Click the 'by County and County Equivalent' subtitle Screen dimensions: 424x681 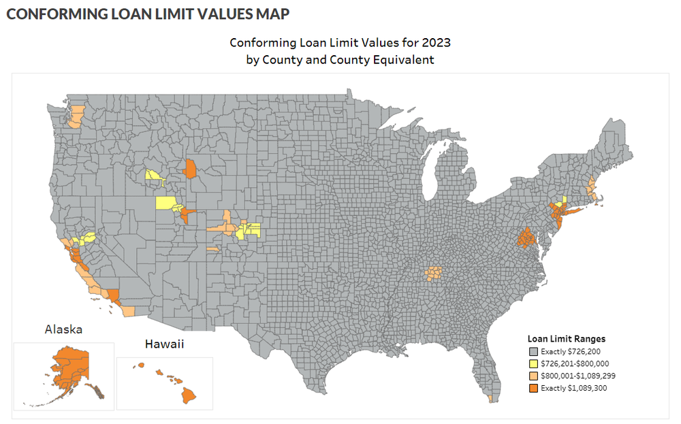click(x=340, y=60)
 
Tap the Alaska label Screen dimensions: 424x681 click(x=63, y=329)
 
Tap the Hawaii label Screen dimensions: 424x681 click(x=163, y=344)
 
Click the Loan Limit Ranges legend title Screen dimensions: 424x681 click(x=567, y=338)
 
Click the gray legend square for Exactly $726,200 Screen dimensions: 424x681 click(x=533, y=352)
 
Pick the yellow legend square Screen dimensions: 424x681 click(x=533, y=364)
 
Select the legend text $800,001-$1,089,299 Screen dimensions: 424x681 click(x=574, y=376)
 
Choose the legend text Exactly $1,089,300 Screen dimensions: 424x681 click(x=573, y=388)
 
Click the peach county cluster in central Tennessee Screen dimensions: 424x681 click(x=433, y=274)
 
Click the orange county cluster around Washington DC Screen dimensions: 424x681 click(x=525, y=239)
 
